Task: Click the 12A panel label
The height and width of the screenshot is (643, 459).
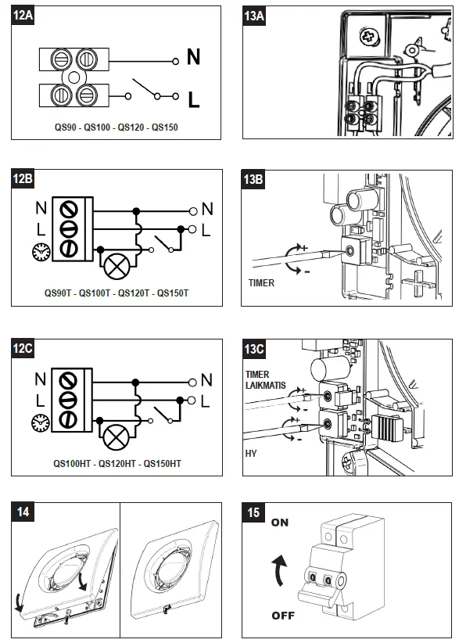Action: pos(23,16)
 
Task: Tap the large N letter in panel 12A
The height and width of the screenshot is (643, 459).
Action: pos(193,57)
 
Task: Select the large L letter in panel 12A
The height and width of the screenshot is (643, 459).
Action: pos(194,99)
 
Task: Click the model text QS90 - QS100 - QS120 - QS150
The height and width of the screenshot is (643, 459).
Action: pos(117,128)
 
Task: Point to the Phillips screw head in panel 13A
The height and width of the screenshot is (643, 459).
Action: pos(368,38)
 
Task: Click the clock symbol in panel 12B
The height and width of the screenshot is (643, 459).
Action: pos(41,251)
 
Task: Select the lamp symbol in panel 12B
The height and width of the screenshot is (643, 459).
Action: pos(117,267)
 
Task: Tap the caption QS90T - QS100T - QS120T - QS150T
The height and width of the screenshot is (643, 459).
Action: pos(117,293)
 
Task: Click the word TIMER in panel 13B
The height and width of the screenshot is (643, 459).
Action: pos(261,283)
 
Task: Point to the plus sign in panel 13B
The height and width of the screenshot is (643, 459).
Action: pos(304,248)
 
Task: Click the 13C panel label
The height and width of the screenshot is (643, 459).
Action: pos(254,350)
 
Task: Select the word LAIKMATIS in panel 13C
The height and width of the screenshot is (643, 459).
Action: pos(266,386)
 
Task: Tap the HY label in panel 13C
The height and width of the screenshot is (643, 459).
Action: pos(251,454)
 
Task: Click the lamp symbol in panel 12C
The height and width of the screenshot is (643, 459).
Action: pos(116,437)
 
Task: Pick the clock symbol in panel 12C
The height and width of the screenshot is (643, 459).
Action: pos(40,422)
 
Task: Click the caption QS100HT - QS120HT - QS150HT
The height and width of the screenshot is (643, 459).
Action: pos(117,464)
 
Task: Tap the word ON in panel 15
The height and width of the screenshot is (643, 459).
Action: pos(280,523)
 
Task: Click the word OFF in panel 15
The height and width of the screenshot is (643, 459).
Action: pos(283,616)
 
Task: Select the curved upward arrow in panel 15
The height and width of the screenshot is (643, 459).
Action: pos(278,570)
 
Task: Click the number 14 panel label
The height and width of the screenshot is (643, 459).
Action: pos(23,512)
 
